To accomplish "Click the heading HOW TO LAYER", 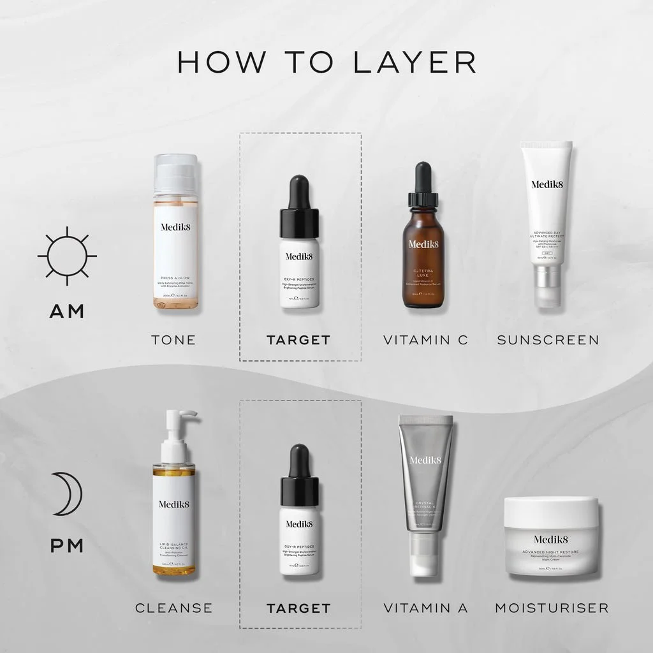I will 326,62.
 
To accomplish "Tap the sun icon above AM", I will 67,256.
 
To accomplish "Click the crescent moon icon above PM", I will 66,494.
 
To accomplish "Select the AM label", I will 67,312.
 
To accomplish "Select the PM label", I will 66,547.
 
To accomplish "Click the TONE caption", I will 173,340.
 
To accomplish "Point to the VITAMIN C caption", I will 425,340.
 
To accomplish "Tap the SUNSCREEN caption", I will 548,340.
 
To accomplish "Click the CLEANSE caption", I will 173,608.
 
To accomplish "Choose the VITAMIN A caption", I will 425,608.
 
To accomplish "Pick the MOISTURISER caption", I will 552,608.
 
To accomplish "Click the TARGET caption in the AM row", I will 299,340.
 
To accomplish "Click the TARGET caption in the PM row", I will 299,608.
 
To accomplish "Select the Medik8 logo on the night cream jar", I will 551,539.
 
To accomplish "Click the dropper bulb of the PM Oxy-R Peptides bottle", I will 299,460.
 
